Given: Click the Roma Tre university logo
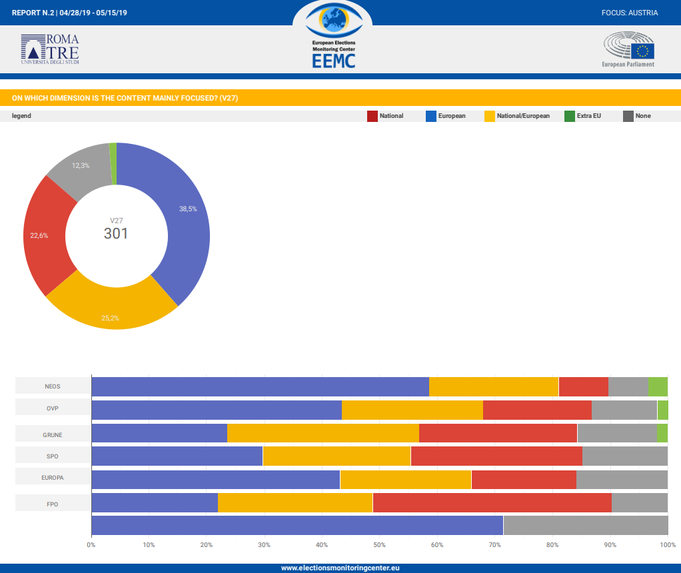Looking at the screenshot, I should (x=50, y=49).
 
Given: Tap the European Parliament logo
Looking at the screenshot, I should (x=628, y=50).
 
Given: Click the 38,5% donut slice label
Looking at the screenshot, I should (x=188, y=209).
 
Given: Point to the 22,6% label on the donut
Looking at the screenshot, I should (x=39, y=235).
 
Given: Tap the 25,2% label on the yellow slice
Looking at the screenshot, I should (x=110, y=318).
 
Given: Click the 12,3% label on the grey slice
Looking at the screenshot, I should (x=81, y=165).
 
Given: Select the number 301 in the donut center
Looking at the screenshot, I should (x=116, y=234).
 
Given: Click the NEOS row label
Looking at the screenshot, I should (x=53, y=386).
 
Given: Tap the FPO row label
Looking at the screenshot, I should (x=53, y=504).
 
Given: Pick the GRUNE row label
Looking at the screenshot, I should (x=53, y=435).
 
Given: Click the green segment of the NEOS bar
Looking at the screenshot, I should (x=658, y=386).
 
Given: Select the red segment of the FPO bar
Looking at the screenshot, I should (x=492, y=503).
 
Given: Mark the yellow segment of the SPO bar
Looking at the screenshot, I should (x=337, y=456).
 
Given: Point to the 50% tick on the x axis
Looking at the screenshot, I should (x=379, y=545).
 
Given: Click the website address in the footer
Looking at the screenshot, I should (x=340, y=568).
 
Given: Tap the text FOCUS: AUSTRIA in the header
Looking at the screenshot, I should (x=629, y=13).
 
